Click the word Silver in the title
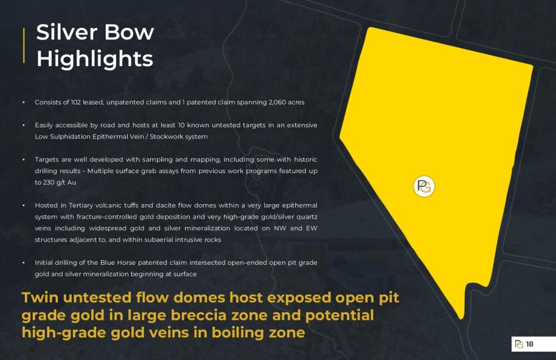[x=67, y=32]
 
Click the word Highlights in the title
[x=95, y=58]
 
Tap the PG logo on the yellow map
[x=424, y=186]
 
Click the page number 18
[x=529, y=344]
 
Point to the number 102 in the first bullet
[x=76, y=102]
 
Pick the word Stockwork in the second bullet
[x=164, y=137]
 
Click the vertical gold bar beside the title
[x=24, y=46]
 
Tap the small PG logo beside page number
[x=519, y=344]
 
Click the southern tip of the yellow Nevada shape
[x=461, y=318]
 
